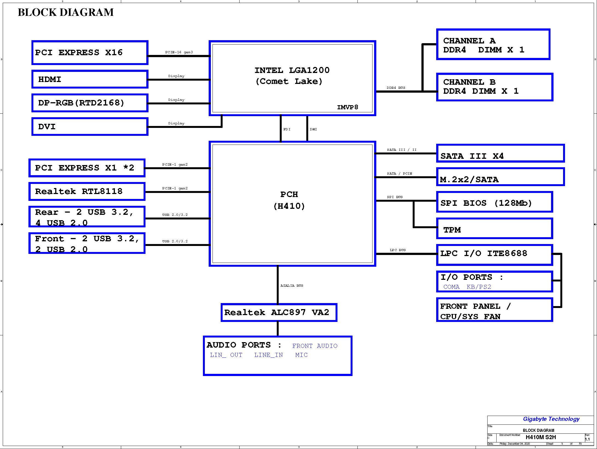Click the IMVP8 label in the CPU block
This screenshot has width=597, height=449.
pos(347,107)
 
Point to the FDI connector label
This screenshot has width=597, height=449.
pos(287,129)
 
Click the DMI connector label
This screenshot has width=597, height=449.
pos(313,129)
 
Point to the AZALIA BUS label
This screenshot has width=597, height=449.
pos(292,286)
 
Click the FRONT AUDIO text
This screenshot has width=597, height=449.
pos(315,346)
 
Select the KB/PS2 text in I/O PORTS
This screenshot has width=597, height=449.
pos(479,287)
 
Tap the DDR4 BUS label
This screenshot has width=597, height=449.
pos(396,88)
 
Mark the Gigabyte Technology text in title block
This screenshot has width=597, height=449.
pos(551,419)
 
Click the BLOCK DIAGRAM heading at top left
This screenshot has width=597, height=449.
pos(66,12)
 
